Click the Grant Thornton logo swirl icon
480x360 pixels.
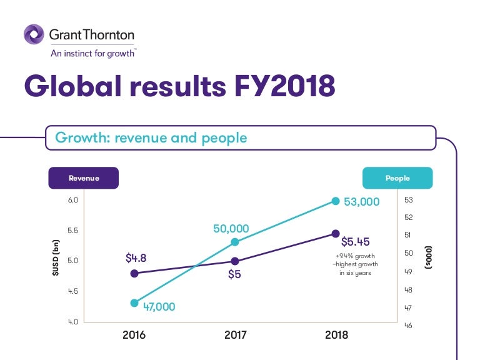(34, 34)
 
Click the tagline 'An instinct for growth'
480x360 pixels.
(93, 53)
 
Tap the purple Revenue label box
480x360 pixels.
(84, 178)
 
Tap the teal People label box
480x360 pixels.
(397, 178)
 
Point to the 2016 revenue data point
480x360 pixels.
(134, 273)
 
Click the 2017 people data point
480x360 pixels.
(235, 242)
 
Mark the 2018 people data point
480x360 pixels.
(336, 201)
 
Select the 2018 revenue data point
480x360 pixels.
(336, 234)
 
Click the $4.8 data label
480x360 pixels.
(136, 257)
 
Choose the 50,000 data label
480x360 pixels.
(231, 229)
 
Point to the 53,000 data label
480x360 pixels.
(361, 202)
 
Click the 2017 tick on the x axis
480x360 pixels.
(235, 335)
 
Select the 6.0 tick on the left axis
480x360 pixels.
(72, 200)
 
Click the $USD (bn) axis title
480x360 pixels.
(56, 259)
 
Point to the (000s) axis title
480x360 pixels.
(429, 257)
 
